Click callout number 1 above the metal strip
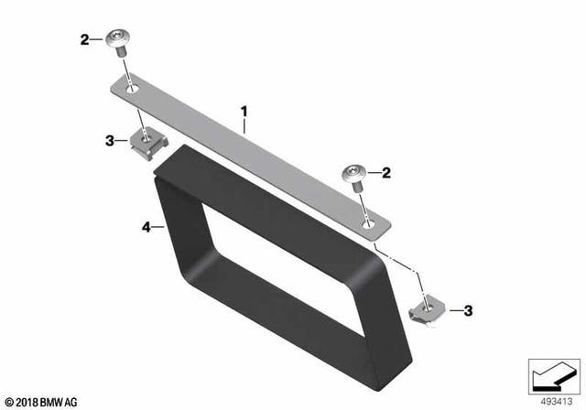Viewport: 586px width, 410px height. (x=244, y=113)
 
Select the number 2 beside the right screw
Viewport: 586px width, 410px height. (x=386, y=172)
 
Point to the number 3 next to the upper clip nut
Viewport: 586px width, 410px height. (x=109, y=141)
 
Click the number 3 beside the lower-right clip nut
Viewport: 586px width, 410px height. (x=468, y=312)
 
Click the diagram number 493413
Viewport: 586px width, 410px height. (x=552, y=400)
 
